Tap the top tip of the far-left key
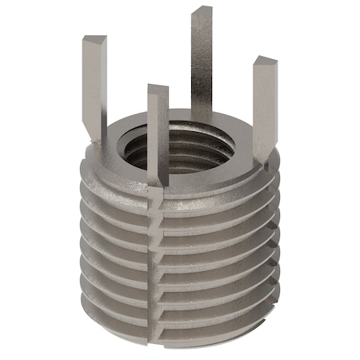[94, 39]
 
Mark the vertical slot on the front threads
[154, 256]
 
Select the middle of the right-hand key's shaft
[263, 112]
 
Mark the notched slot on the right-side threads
[268, 232]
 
